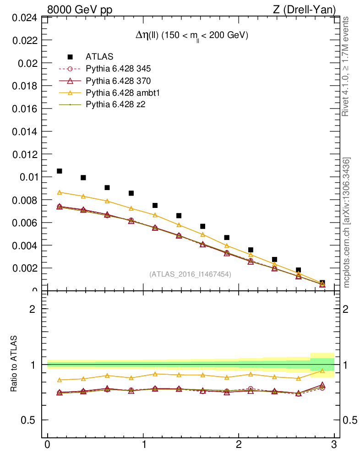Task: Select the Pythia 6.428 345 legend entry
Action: tap(118, 69)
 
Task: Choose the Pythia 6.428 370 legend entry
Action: tap(118, 81)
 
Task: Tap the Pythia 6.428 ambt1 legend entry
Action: tap(122, 93)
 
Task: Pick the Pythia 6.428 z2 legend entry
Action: tap(115, 105)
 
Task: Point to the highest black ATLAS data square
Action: tap(59, 171)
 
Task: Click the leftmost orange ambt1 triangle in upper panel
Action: tap(59, 192)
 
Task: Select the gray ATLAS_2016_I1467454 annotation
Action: tap(190, 274)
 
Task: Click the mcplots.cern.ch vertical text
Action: tap(347, 223)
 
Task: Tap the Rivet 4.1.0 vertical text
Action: tap(346, 67)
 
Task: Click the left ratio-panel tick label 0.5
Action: tap(29, 420)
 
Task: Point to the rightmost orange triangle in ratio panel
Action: tap(322, 371)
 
